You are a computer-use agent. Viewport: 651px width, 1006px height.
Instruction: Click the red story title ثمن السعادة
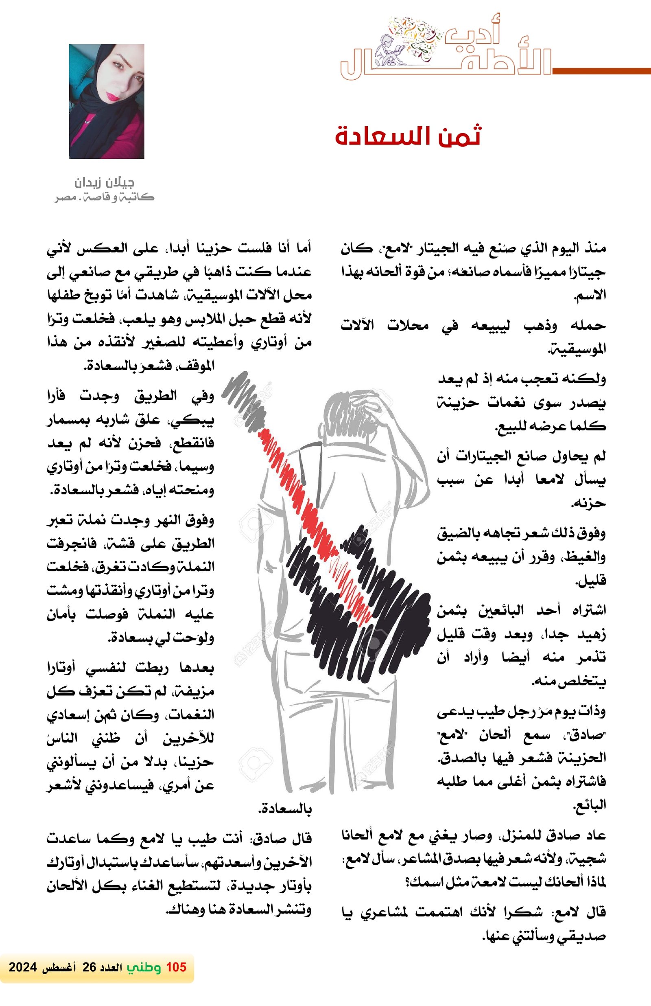coord(408,136)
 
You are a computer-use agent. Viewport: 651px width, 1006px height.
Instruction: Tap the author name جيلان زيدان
coord(104,183)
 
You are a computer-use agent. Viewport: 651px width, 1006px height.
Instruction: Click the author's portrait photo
coord(107,101)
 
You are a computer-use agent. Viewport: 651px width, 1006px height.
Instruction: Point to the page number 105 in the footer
coord(176,967)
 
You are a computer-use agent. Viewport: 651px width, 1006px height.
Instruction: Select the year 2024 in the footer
coord(23,967)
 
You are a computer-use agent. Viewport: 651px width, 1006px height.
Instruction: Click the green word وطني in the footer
coord(144,967)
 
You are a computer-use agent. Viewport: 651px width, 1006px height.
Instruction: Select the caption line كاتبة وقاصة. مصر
coord(104,197)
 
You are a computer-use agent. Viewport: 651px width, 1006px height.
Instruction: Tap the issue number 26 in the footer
coord(89,967)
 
